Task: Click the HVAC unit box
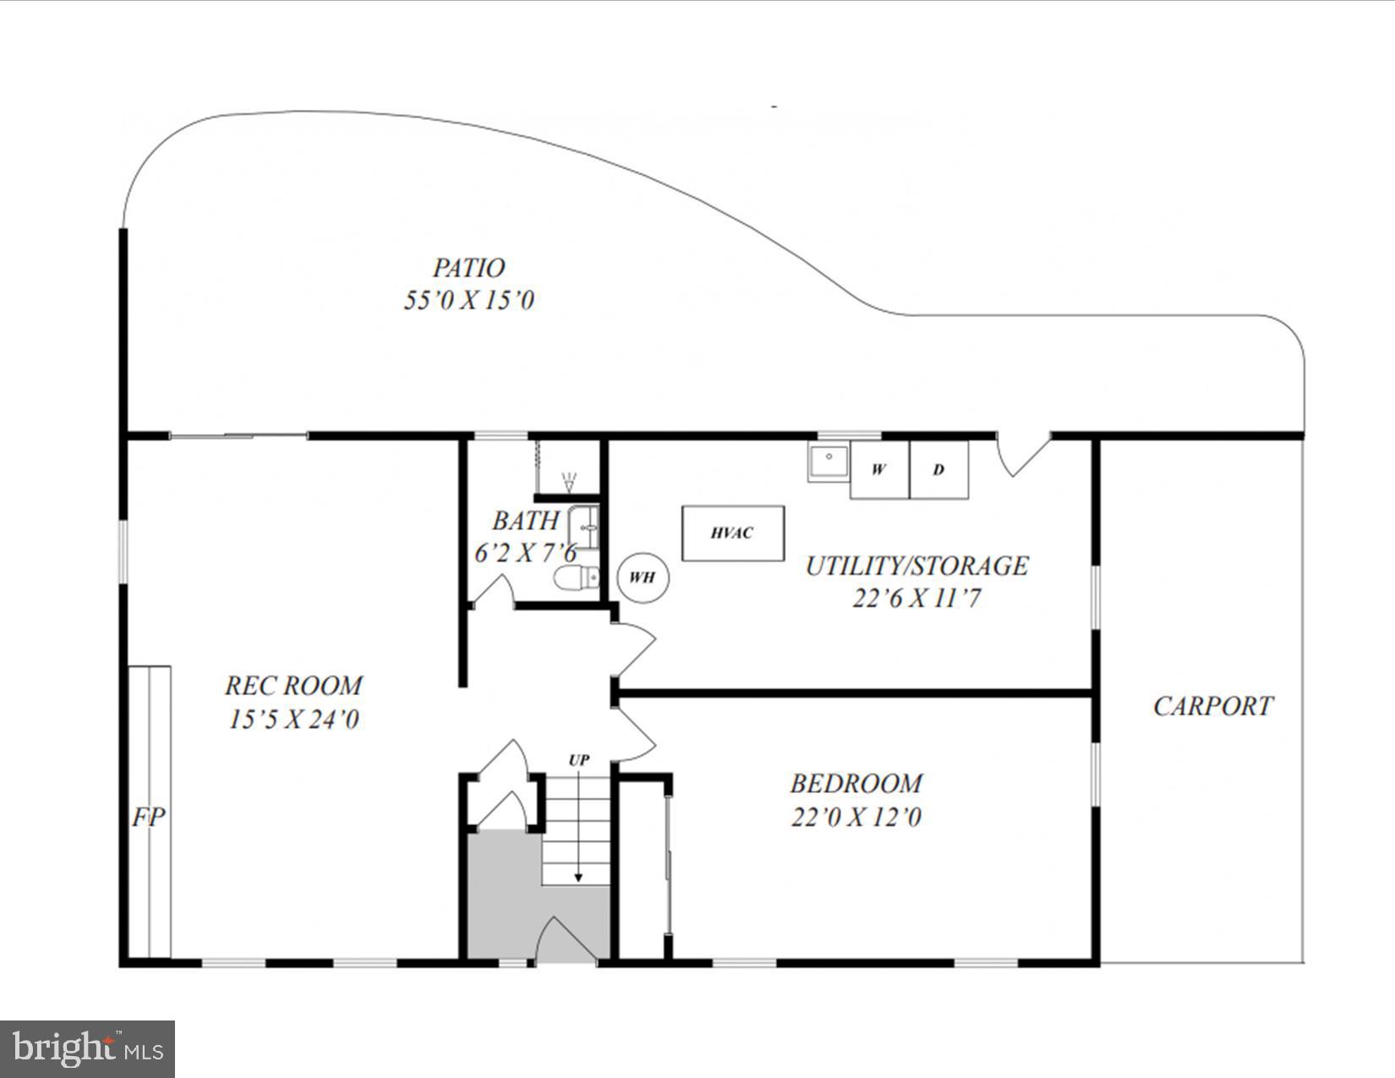(733, 533)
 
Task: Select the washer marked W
(879, 469)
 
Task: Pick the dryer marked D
(938, 469)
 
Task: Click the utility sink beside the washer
(829, 461)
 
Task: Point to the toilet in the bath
(577, 578)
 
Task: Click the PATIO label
(468, 268)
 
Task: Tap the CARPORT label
(1212, 706)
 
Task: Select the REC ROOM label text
(293, 685)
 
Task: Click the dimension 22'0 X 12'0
(856, 818)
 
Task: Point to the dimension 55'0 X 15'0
(468, 300)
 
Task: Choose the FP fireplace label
(149, 817)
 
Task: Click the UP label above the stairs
(578, 760)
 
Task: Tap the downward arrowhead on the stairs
(578, 878)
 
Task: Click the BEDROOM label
(856, 784)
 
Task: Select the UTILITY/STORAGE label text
(916, 566)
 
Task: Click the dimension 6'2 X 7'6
(524, 554)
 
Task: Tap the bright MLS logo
(87, 1049)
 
